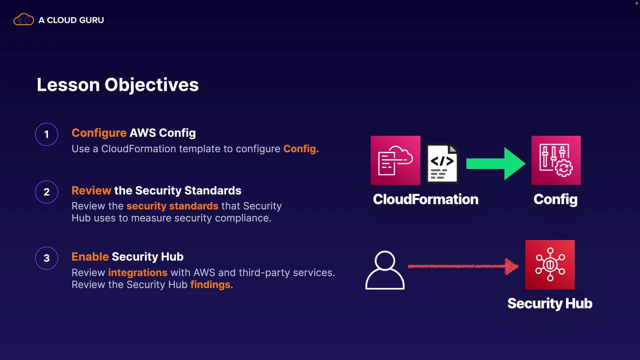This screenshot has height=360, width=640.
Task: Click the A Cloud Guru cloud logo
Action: (23, 20)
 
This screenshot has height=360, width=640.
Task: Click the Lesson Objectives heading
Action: (118, 85)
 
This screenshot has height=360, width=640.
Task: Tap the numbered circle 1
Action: (47, 134)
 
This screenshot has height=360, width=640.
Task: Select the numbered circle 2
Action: (47, 192)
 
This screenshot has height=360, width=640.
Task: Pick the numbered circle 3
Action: (47, 258)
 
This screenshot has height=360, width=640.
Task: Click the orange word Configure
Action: (99, 133)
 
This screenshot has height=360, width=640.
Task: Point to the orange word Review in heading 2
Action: (91, 190)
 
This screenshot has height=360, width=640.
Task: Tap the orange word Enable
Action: (90, 257)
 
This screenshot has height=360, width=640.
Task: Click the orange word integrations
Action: (138, 273)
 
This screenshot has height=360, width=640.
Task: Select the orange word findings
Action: (210, 285)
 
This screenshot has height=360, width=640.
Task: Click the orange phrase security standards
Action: (172, 206)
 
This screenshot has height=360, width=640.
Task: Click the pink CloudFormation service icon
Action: (395, 160)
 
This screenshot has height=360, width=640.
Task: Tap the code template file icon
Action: (442, 164)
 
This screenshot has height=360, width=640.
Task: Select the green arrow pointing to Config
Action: (496, 164)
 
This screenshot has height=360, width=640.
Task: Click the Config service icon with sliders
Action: (556, 160)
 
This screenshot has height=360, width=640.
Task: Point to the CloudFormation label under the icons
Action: (426, 199)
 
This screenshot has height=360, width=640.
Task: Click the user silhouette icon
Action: (385, 270)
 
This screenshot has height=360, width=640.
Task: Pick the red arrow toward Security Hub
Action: (463, 266)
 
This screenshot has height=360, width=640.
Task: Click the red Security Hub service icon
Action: (550, 265)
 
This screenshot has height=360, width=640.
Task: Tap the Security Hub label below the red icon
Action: (550, 304)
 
